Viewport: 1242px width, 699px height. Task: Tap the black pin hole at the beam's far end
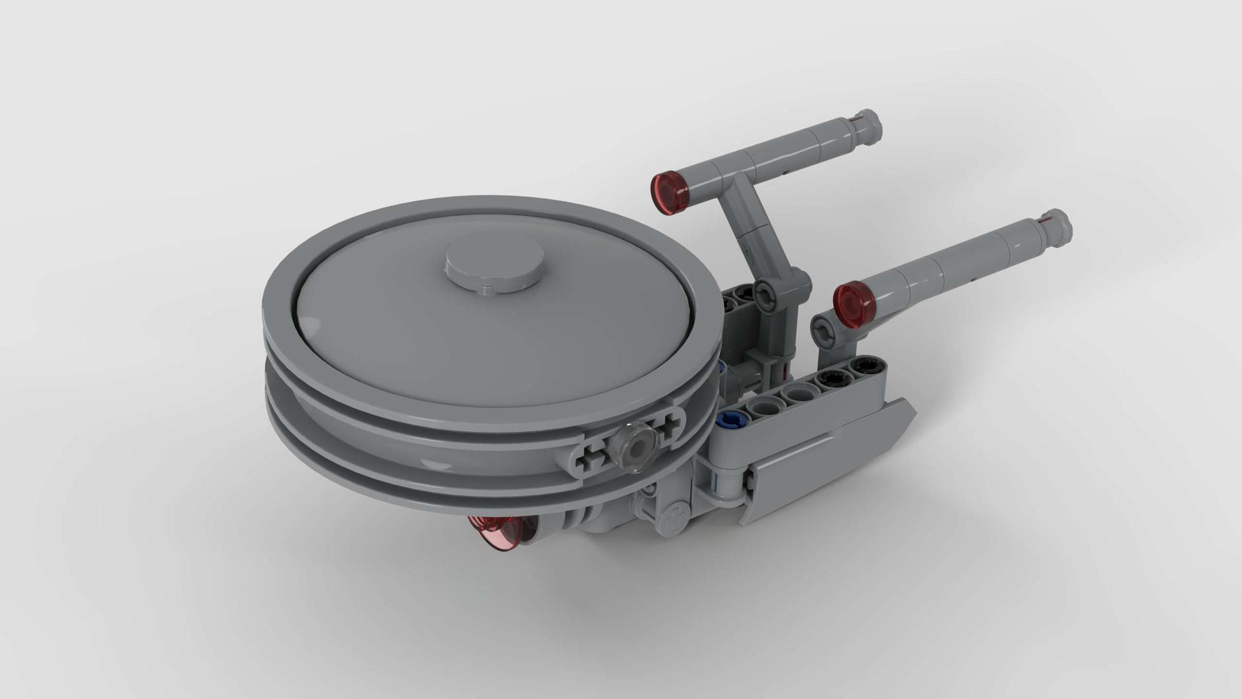pyautogui.click(x=861, y=367)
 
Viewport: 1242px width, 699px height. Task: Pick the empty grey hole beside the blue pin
pyautogui.click(x=762, y=409)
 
